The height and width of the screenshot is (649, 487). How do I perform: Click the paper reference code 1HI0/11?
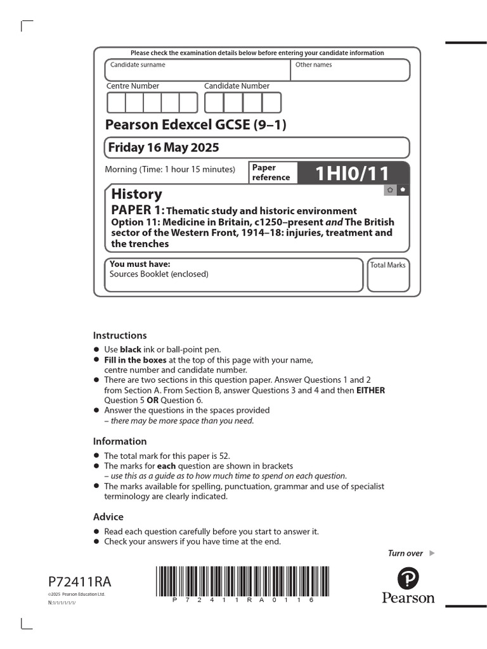click(353, 173)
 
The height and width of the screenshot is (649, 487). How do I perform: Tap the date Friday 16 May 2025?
click(164, 148)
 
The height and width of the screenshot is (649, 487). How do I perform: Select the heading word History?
click(136, 194)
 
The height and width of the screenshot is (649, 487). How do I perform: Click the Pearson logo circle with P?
click(408, 579)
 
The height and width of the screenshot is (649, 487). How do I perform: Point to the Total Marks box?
click(387, 274)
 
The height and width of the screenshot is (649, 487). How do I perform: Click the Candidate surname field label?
click(138, 65)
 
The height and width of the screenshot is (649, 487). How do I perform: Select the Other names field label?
click(313, 65)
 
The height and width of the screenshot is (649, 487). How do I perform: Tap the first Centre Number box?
click(116, 103)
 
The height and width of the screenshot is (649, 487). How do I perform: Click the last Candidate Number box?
click(271, 103)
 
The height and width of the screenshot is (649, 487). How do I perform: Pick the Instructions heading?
click(120, 335)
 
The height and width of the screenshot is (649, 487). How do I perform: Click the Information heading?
click(120, 441)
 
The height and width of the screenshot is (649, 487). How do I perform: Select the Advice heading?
click(108, 517)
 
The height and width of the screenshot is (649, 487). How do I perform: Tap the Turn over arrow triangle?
click(432, 553)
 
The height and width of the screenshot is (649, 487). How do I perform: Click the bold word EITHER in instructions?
click(371, 390)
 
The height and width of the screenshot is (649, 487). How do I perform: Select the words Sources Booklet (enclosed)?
click(159, 274)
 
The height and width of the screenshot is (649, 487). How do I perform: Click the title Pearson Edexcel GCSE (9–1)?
click(195, 125)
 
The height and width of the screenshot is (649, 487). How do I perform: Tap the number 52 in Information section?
click(224, 456)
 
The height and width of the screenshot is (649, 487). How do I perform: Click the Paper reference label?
click(271, 172)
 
